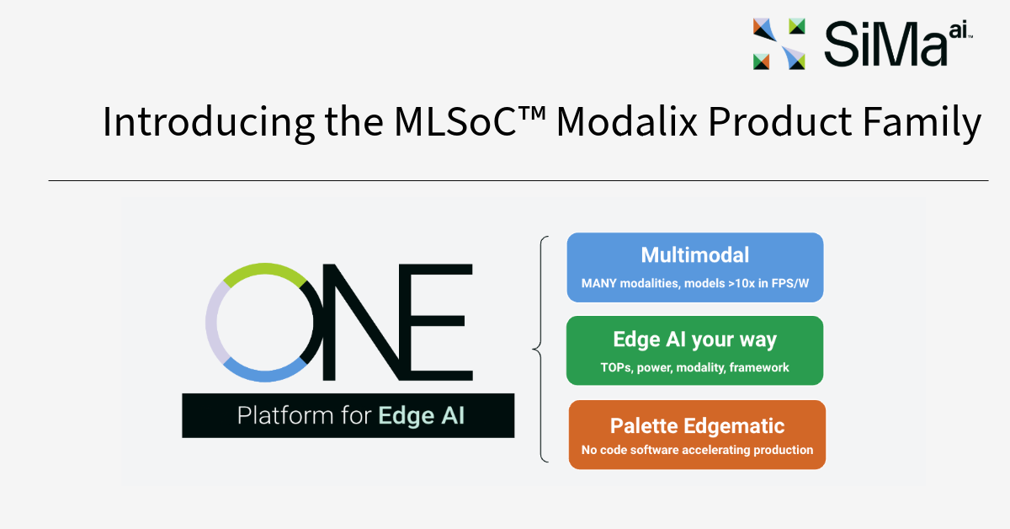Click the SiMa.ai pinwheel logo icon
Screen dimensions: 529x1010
point(779,43)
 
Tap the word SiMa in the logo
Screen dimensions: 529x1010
point(875,44)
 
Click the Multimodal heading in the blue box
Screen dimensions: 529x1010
point(694,255)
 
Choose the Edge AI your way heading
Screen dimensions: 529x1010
point(694,339)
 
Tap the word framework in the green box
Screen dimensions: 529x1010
point(759,367)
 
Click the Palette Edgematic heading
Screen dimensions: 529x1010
point(697,425)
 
